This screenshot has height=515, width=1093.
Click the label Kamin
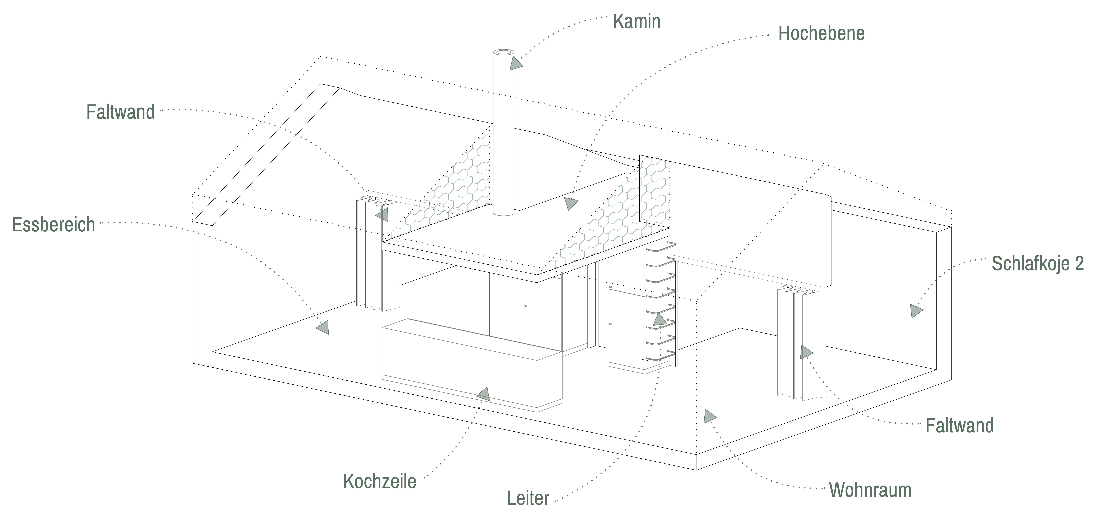pos(636,21)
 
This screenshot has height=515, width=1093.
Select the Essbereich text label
pos(54,225)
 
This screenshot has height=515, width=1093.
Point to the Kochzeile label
pos(380,482)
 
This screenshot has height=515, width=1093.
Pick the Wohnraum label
pos(870,490)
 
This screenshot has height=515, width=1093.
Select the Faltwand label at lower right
pos(959,426)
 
